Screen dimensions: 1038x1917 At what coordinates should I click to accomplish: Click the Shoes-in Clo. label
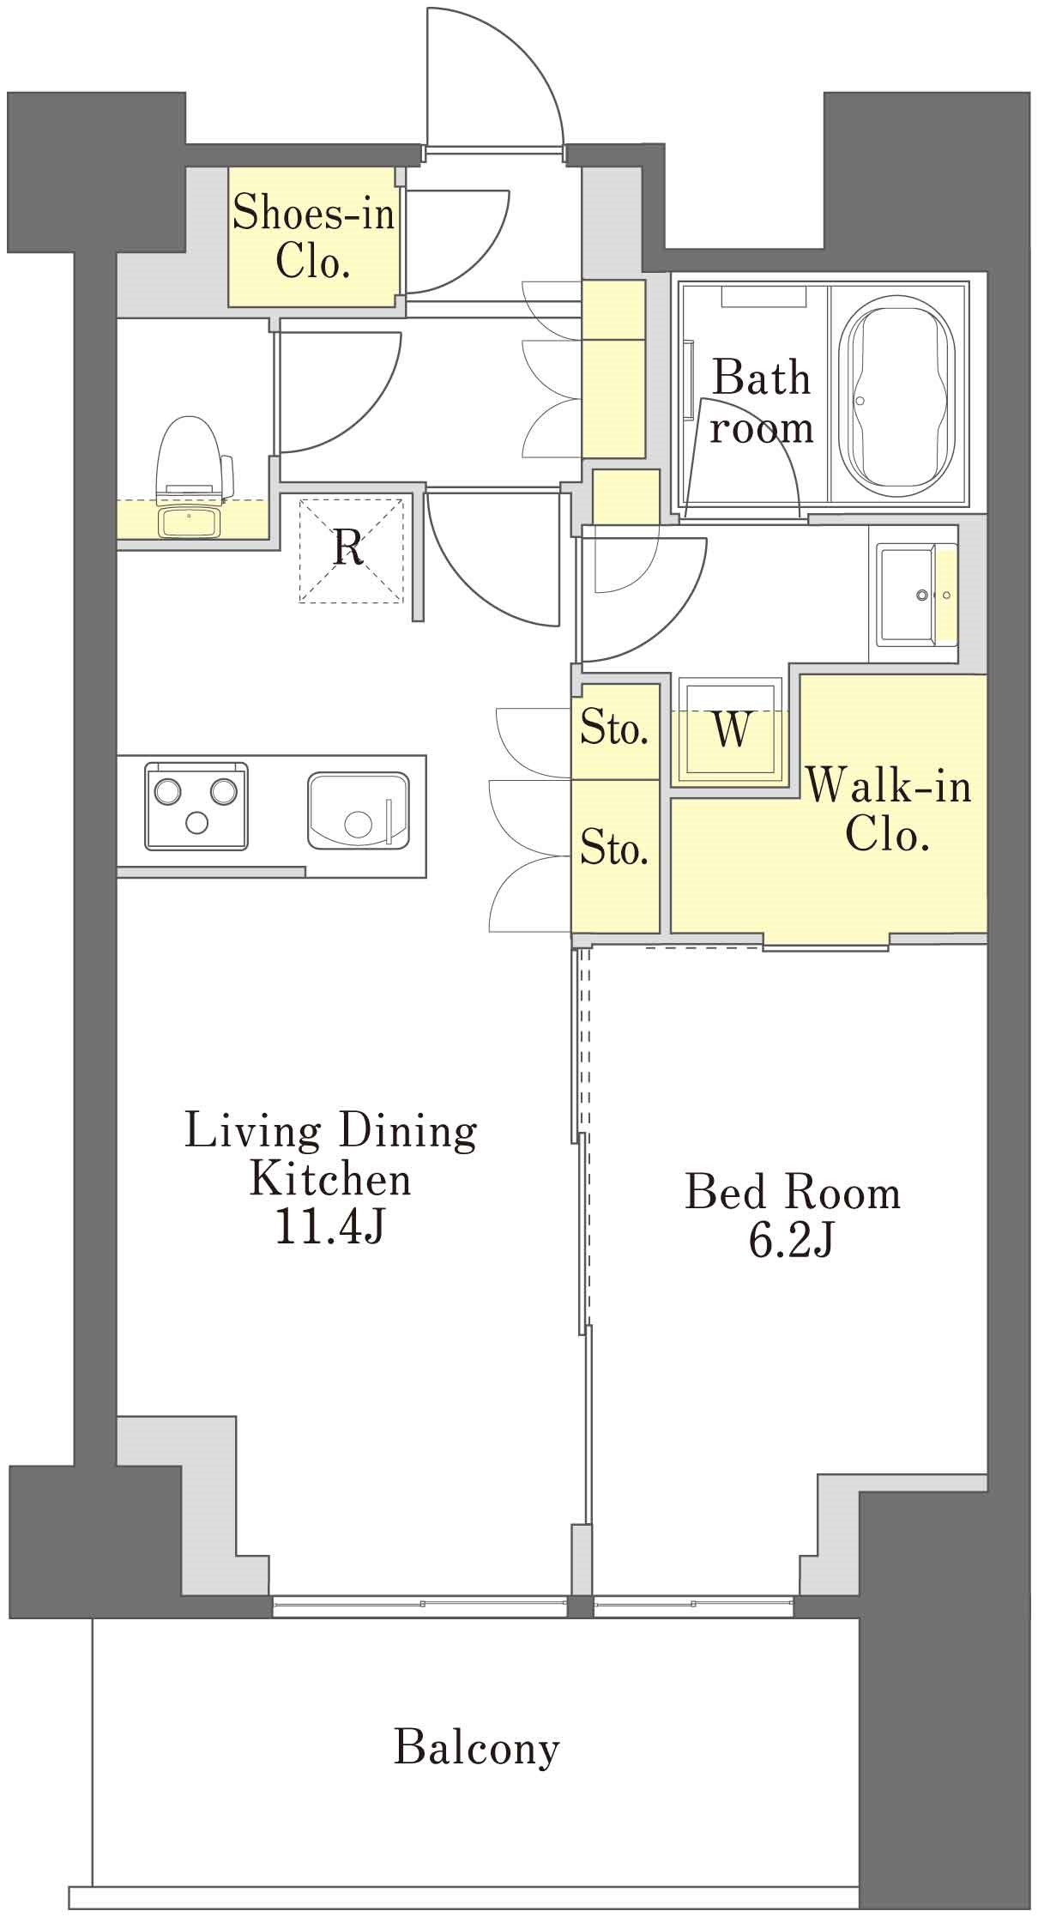tap(314, 237)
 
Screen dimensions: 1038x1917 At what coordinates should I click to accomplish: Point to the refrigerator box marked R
tap(350, 549)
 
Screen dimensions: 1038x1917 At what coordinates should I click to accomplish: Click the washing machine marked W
tap(731, 730)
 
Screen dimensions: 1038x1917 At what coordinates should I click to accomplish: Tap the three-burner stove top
tap(196, 807)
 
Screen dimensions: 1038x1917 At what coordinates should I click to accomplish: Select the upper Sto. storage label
tap(613, 729)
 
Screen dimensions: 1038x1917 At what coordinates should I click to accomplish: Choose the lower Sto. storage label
tap(613, 848)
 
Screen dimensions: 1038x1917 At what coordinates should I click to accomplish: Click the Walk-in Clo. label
tap(888, 809)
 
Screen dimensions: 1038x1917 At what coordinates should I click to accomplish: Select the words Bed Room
tap(793, 1192)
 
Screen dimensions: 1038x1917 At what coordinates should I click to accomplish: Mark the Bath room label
tap(761, 402)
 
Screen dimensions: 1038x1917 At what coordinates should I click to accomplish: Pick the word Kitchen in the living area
tap(330, 1180)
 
